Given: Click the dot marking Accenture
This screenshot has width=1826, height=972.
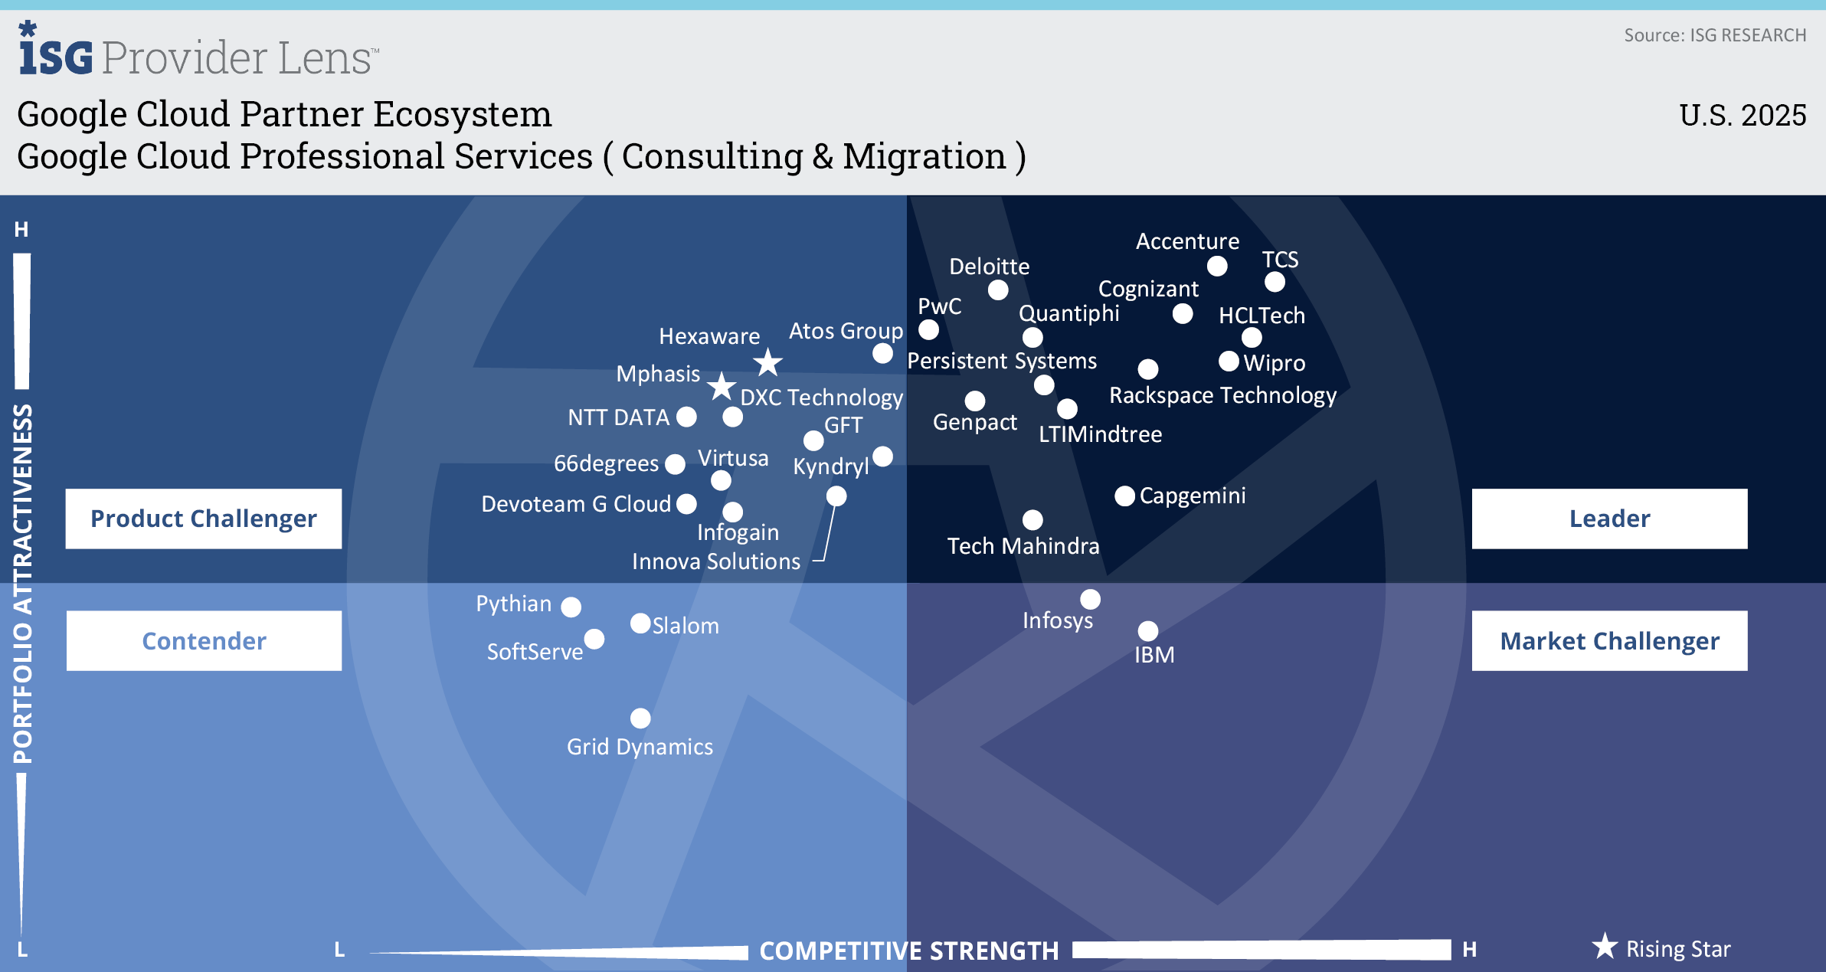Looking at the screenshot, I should [1217, 266].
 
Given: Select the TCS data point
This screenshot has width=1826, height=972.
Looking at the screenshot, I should [1275, 282].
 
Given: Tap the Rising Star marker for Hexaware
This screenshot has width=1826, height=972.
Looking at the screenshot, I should [767, 362].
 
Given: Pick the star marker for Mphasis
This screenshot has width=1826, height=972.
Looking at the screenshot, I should [721, 387].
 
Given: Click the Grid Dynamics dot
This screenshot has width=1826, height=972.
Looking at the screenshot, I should [640, 718].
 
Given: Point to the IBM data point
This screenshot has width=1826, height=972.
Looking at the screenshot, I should [1147, 631].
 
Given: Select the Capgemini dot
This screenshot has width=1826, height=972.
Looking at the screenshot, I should [1124, 496].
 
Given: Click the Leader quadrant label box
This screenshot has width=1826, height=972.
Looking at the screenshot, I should [1609, 519].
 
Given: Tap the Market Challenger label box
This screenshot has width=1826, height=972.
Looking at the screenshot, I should [1609, 641].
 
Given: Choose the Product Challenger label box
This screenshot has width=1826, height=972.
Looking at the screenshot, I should [204, 519].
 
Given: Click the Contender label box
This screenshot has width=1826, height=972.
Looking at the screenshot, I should [204, 641].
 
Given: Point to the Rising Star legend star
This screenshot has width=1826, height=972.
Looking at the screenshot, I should [1605, 947].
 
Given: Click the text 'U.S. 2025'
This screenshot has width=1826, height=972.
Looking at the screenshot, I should [1743, 115].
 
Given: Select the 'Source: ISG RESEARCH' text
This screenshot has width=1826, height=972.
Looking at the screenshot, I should [1715, 35].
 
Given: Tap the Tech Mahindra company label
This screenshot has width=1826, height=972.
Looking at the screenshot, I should [1023, 546].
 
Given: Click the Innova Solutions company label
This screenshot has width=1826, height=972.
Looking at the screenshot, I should [716, 561].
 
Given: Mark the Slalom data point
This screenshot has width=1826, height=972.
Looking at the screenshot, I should [640, 623].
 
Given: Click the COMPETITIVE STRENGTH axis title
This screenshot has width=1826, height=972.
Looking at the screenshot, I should [909, 951].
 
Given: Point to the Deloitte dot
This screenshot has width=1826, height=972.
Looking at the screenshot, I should [998, 290].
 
